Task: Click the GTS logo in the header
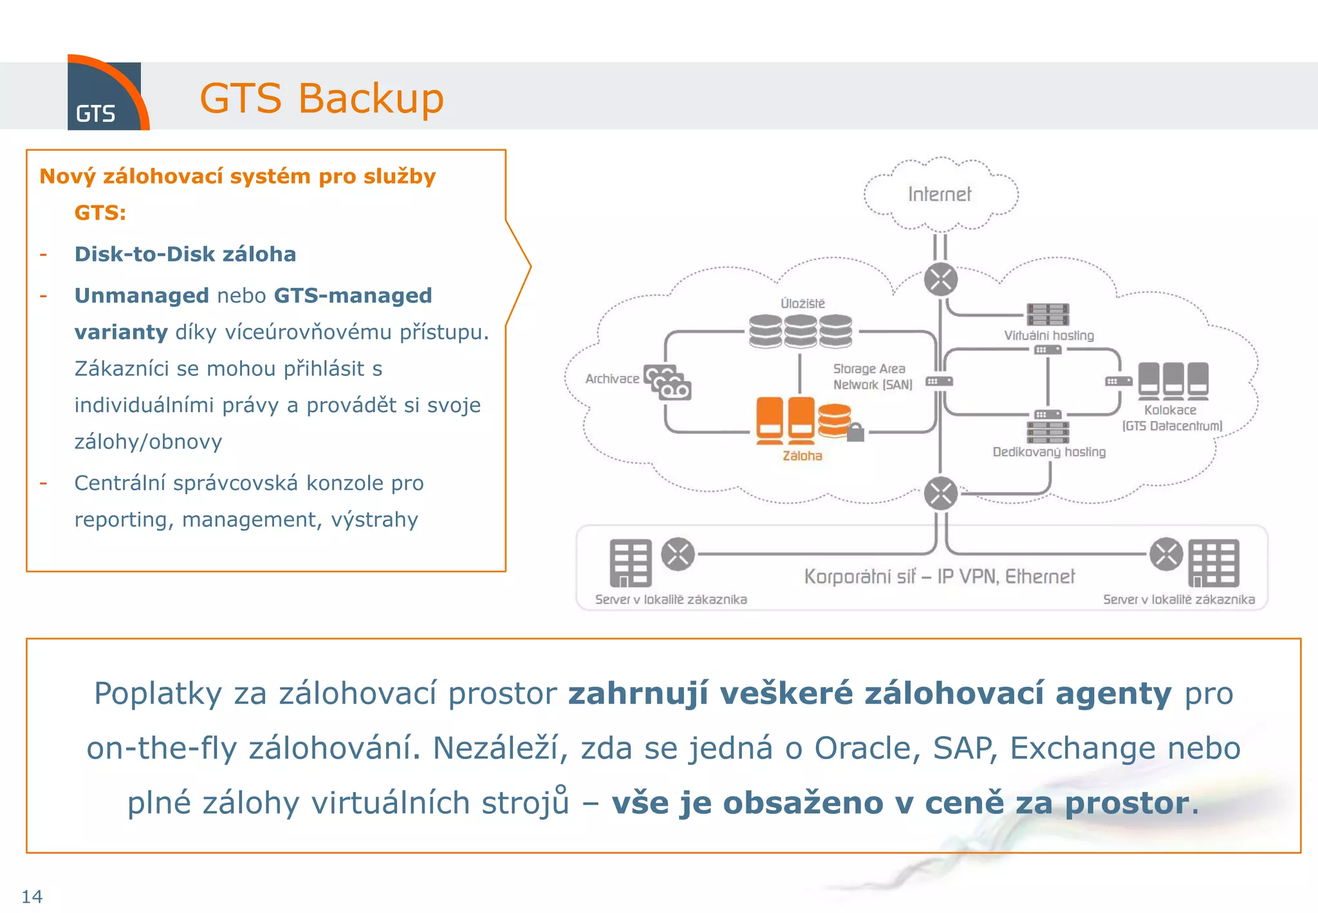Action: tap(105, 95)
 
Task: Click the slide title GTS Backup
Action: tap(321, 99)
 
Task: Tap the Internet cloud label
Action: tap(939, 194)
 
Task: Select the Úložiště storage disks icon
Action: tap(800, 331)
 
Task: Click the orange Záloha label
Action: tap(802, 456)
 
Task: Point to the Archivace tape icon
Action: tap(668, 383)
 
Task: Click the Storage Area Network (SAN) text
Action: tap(872, 377)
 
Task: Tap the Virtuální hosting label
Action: tap(1048, 335)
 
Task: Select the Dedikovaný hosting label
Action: tap(1048, 452)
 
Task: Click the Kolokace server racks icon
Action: tap(1173, 379)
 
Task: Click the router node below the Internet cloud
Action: tap(940, 279)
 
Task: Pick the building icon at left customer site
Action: tap(630, 563)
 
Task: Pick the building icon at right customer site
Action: tap(1213, 563)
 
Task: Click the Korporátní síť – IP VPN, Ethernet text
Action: tap(939, 576)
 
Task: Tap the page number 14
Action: tap(32, 896)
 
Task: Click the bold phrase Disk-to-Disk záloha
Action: tap(185, 254)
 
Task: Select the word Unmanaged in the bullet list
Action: tap(142, 296)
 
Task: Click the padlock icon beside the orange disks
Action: tap(855, 432)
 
